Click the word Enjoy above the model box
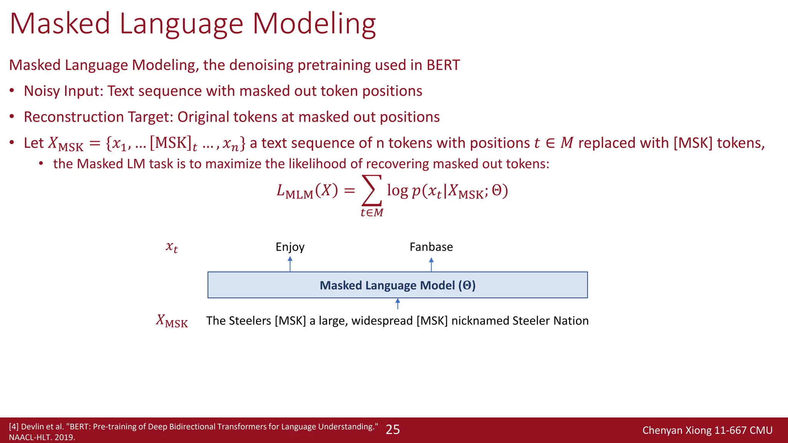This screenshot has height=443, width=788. (290, 247)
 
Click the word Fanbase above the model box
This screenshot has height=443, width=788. (431, 247)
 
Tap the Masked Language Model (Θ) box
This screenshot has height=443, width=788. (397, 285)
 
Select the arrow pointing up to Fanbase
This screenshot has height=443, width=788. (431, 264)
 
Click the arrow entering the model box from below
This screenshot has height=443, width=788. (398, 304)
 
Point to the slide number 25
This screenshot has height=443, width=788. (392, 430)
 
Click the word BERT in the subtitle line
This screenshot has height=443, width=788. (443, 65)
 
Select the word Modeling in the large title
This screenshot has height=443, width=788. (314, 24)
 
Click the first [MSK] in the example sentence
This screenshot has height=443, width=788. (290, 321)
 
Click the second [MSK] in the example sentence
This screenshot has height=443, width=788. (432, 321)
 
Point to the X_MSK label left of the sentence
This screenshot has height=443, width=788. (172, 321)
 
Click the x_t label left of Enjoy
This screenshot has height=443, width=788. (172, 247)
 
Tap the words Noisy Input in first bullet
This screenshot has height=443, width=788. (63, 91)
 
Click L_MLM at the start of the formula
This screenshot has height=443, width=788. (295, 191)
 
